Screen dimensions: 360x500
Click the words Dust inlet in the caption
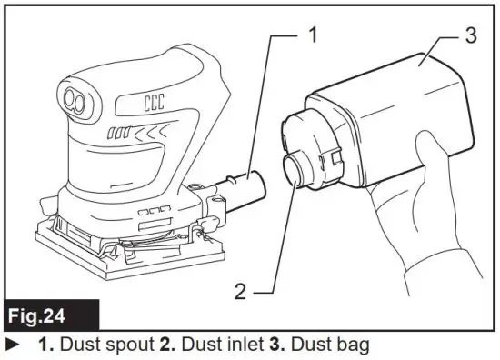click(x=211, y=345)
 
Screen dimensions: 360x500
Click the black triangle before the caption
click(x=12, y=345)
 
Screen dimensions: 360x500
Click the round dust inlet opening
click(x=299, y=173)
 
